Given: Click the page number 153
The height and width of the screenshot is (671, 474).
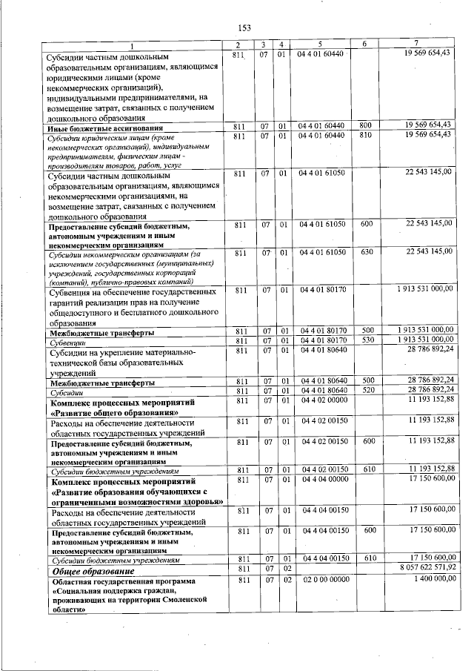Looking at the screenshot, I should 244,28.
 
